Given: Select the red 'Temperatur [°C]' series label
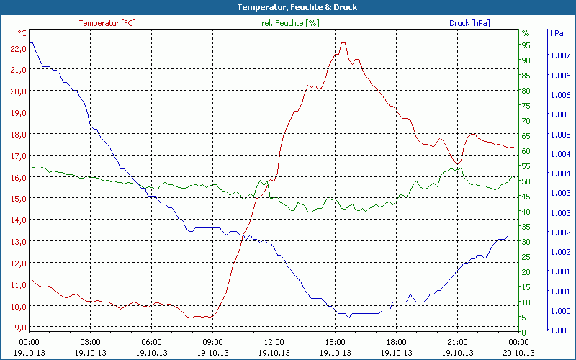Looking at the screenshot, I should pos(107,23).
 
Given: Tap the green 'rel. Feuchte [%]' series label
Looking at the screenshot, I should pos(290,23).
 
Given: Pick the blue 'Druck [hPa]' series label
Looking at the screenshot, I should pos(469,23).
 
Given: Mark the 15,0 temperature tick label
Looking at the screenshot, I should pos(19,198).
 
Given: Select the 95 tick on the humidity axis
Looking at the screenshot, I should pos(526,45).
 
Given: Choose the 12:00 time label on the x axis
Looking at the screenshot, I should pos(274,342).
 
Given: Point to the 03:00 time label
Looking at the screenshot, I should pos(90,342).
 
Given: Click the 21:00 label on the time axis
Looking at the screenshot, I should pos(457,342).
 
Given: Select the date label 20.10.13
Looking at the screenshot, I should pos(518,352).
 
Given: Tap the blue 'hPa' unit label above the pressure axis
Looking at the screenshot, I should pos(556,33).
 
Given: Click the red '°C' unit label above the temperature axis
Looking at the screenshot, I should pos(22,33).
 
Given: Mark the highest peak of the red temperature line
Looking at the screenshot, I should pos(343,43).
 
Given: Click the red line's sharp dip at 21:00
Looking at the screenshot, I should pos(456,163).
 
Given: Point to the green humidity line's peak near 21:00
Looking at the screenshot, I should pos(459,168).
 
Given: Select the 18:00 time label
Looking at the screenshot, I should pos(396,342).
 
